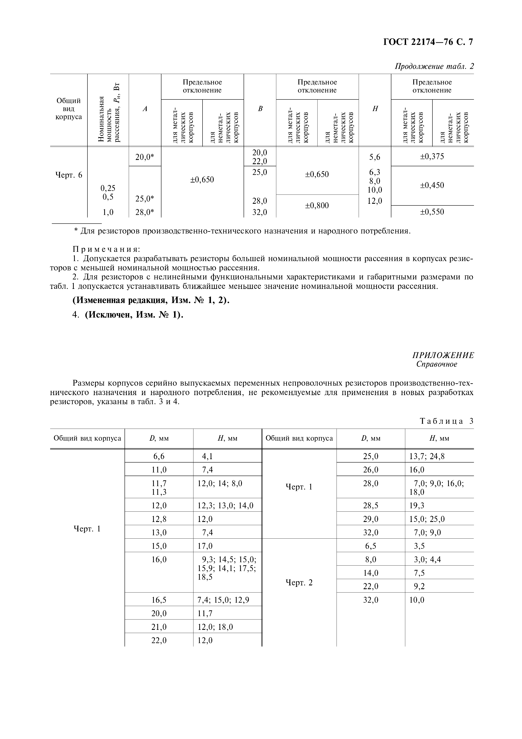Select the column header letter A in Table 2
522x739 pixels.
pos(145,109)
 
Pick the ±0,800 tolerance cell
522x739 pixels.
pos(317,205)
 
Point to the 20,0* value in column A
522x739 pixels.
pos(145,157)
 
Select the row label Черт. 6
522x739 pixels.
pos(69,175)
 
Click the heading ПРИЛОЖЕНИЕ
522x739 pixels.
pos(443,355)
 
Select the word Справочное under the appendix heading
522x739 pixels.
pos(436,364)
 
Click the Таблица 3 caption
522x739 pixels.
pos(447,421)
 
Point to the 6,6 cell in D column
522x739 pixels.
pos(159,456)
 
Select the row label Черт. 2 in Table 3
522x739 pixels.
pos(299,583)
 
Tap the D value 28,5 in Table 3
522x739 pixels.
pos(371,506)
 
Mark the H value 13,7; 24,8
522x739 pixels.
pos(427,456)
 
